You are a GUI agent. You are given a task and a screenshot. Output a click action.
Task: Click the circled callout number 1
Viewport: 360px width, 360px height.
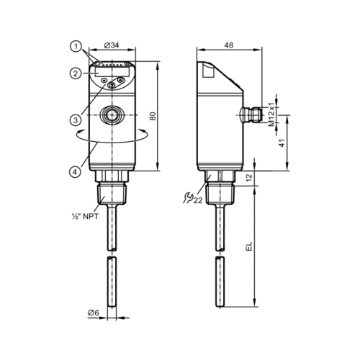click(76, 47)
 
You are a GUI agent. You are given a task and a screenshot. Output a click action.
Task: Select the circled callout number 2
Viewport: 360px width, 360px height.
click(76, 73)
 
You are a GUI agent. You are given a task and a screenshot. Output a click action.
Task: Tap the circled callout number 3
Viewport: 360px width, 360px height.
click(76, 120)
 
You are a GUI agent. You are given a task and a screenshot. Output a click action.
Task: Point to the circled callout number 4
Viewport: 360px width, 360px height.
click(75, 172)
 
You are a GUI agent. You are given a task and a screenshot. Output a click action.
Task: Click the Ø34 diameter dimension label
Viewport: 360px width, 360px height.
click(112, 45)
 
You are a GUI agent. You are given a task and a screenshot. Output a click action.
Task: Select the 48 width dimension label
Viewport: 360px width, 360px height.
click(228, 45)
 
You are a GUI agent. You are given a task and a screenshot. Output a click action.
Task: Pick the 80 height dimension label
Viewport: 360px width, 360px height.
click(153, 116)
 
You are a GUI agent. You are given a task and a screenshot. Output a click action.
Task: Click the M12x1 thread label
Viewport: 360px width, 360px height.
click(271, 114)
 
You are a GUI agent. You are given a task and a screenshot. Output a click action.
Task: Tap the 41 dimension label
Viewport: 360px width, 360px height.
click(282, 143)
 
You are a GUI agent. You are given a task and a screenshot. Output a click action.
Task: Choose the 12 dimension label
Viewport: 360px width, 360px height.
click(250, 177)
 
